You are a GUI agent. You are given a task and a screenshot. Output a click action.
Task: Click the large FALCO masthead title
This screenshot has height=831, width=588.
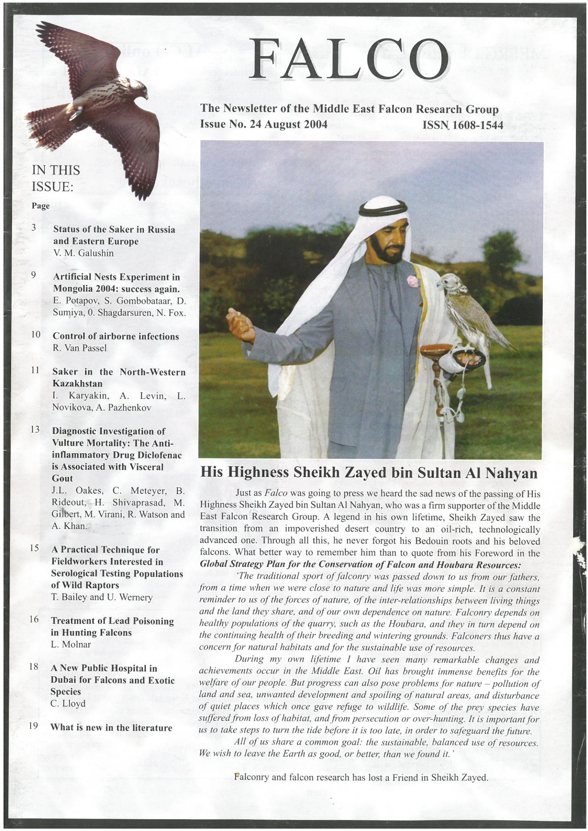click(348, 59)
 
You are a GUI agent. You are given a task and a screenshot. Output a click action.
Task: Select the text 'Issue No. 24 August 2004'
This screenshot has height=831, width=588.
click(263, 124)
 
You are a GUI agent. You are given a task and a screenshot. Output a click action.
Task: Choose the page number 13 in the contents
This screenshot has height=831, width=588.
click(35, 430)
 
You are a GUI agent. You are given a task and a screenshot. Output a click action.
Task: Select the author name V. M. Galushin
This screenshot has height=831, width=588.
click(83, 253)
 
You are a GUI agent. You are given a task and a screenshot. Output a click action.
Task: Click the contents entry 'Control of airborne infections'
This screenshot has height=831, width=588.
click(116, 336)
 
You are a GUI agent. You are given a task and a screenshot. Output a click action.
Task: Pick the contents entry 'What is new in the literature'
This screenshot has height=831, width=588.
click(111, 727)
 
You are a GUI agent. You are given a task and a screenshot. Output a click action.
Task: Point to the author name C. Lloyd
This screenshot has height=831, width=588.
click(68, 703)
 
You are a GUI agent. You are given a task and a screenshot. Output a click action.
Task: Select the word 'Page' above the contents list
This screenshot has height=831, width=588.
click(40, 206)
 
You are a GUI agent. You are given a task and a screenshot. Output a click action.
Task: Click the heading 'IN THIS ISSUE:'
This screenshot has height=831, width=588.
click(56, 178)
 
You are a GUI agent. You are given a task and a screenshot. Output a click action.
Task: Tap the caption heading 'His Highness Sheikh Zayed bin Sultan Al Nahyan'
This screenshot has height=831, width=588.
click(369, 473)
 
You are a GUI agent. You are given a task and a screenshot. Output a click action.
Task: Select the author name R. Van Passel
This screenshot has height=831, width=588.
click(80, 348)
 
